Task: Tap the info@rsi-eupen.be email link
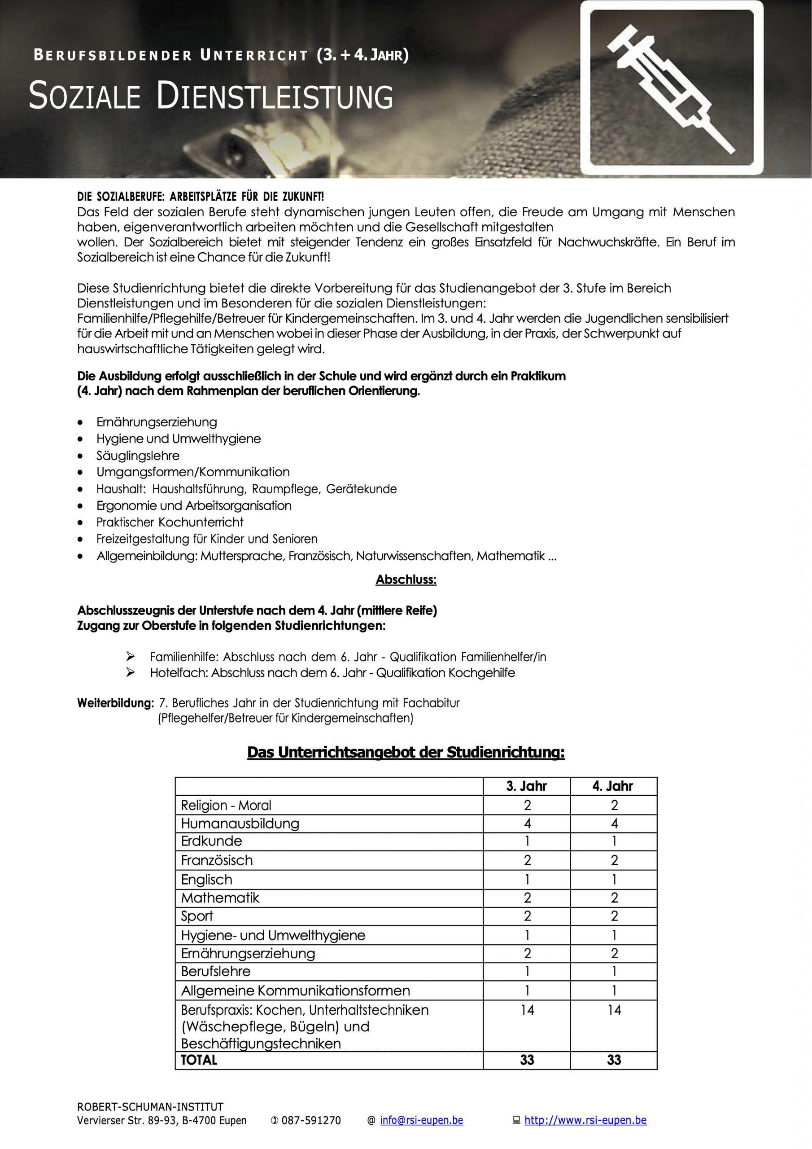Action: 421,1120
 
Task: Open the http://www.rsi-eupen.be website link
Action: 585,1120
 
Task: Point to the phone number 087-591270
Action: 311,1120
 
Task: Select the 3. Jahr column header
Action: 526,786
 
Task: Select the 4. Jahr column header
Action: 613,786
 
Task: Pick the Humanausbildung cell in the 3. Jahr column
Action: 527,823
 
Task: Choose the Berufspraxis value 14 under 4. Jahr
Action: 614,1010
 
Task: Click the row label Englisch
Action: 207,879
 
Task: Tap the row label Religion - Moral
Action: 226,805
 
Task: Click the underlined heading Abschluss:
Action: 406,579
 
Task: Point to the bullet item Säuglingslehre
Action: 138,456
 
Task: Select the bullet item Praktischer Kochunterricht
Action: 170,522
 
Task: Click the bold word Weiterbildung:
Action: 115,702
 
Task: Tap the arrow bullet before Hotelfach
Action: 131,672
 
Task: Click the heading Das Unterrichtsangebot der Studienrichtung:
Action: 406,752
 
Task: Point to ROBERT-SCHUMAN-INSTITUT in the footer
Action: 150,1106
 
